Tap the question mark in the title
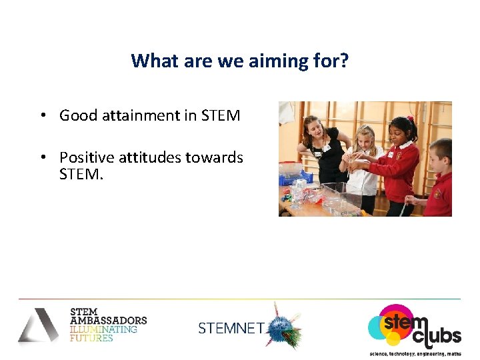[x=345, y=61]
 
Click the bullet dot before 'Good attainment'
[x=42, y=115]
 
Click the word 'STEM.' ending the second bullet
[x=81, y=175]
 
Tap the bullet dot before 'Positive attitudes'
[x=42, y=157]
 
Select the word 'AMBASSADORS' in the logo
[x=108, y=321]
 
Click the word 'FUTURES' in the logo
[x=91, y=338]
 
